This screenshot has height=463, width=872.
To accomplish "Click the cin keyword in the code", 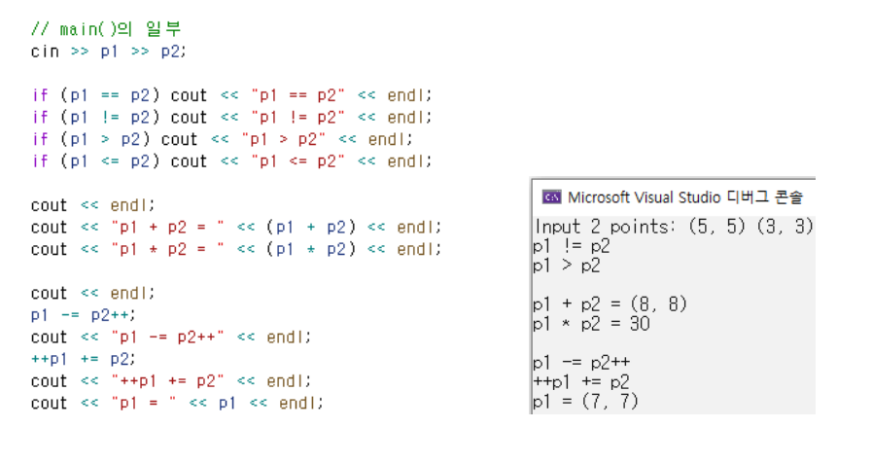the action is [x=45, y=52].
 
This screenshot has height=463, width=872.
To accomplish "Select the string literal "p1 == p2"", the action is [x=298, y=95].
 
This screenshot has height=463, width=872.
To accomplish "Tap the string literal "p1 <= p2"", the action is [x=298, y=161].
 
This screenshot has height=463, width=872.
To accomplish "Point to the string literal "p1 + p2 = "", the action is [x=168, y=228].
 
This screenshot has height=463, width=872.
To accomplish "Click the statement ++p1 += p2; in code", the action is [x=83, y=359].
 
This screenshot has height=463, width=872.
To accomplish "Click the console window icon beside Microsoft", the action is [x=551, y=197].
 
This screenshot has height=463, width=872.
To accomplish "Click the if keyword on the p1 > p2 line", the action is [x=40, y=139].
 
